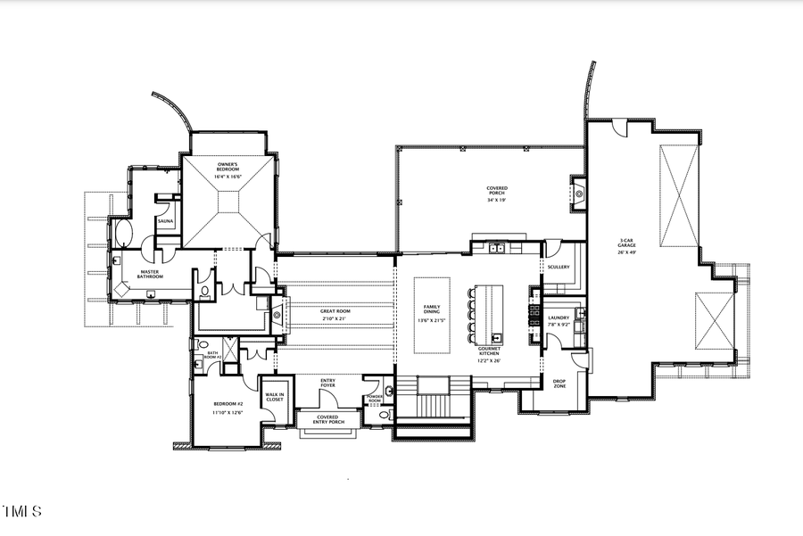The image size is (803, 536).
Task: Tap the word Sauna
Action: tap(165, 220)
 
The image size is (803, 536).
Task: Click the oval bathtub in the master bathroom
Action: tap(125, 235)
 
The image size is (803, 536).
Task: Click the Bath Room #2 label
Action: tap(213, 355)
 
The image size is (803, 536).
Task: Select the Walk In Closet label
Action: tap(275, 398)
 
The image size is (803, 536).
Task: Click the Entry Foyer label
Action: tap(327, 384)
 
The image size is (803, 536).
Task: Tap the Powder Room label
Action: tap(375, 400)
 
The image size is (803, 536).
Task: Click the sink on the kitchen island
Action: tap(496, 337)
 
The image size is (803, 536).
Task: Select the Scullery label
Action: tap(559, 267)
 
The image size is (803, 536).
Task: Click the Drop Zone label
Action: tap(560, 383)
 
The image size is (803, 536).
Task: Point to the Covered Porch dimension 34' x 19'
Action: tap(497, 201)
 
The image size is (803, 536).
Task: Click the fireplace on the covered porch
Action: tap(578, 191)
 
